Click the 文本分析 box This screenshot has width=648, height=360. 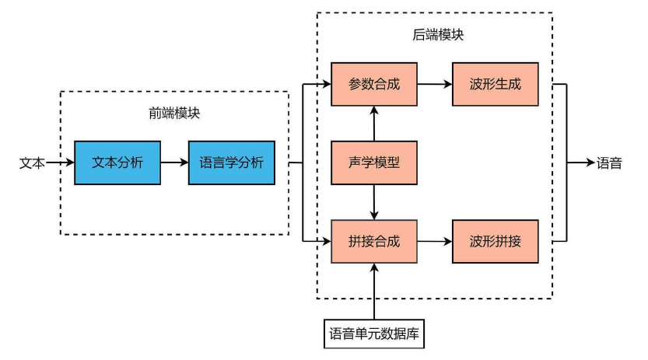point(117,163)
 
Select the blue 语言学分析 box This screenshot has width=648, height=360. point(232,163)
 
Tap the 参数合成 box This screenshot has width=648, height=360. point(374,84)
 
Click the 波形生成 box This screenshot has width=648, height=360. point(496,84)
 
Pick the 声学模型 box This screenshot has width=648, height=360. point(374,163)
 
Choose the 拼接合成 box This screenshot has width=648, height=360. point(374,241)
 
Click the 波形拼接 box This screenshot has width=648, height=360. point(496,241)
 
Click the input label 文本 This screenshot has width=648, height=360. point(32,163)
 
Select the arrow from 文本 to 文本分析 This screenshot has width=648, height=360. point(60,163)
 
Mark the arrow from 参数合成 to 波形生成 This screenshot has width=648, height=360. point(435,84)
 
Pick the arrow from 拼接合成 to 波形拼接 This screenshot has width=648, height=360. point(435,241)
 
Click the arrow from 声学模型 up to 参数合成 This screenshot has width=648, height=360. point(374,124)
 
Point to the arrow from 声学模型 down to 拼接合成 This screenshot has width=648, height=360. point(374,202)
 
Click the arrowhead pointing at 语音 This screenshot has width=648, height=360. point(589,163)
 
